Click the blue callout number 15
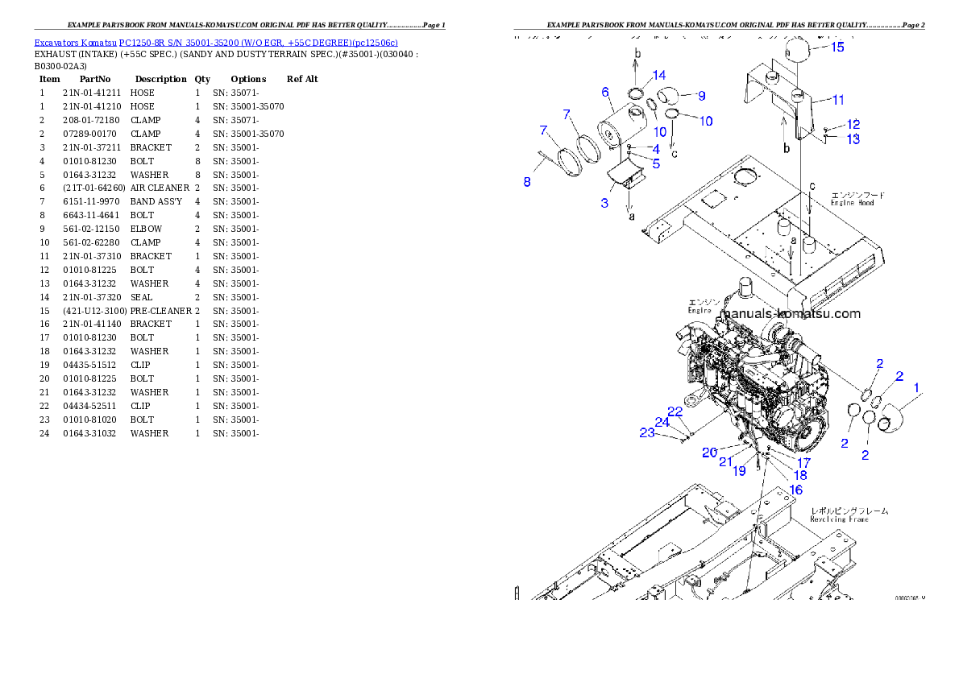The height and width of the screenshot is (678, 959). point(837,48)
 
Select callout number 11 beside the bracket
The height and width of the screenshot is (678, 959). point(837,101)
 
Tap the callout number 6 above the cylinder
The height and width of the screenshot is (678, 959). point(605,93)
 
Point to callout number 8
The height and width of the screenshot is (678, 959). point(527,182)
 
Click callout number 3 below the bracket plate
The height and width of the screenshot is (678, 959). point(604,203)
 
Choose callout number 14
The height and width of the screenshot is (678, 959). point(659,76)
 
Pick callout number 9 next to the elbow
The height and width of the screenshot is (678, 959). point(700,96)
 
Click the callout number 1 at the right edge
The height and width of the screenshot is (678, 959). point(915,388)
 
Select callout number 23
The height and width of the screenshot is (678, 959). point(647,433)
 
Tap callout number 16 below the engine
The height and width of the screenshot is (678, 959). point(795,490)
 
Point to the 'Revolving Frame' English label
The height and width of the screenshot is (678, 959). point(839,519)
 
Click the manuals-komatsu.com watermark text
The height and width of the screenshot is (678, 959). point(790,314)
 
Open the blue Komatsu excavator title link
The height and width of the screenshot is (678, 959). point(215,42)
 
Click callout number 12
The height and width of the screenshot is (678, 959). point(853,125)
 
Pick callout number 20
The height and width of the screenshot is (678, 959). point(709,453)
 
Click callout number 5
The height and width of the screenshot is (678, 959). point(656,163)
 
